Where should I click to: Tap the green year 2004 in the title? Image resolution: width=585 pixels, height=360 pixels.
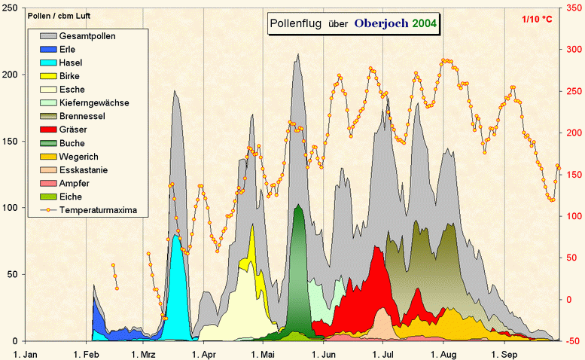pyautogui.click(x=425, y=23)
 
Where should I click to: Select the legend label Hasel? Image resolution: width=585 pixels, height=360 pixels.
pyautogui.click(x=71, y=63)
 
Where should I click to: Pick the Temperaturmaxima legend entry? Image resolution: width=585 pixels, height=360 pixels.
pyautogui.click(x=98, y=210)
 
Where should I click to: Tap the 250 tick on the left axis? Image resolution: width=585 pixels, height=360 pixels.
pyautogui.click(x=12, y=8)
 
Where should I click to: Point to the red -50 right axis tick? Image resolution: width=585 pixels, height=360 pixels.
pyautogui.click(x=571, y=341)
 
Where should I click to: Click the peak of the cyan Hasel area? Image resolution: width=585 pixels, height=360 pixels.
pyautogui.click(x=175, y=234)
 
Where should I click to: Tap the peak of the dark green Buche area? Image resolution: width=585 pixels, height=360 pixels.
pyautogui.click(x=299, y=205)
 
